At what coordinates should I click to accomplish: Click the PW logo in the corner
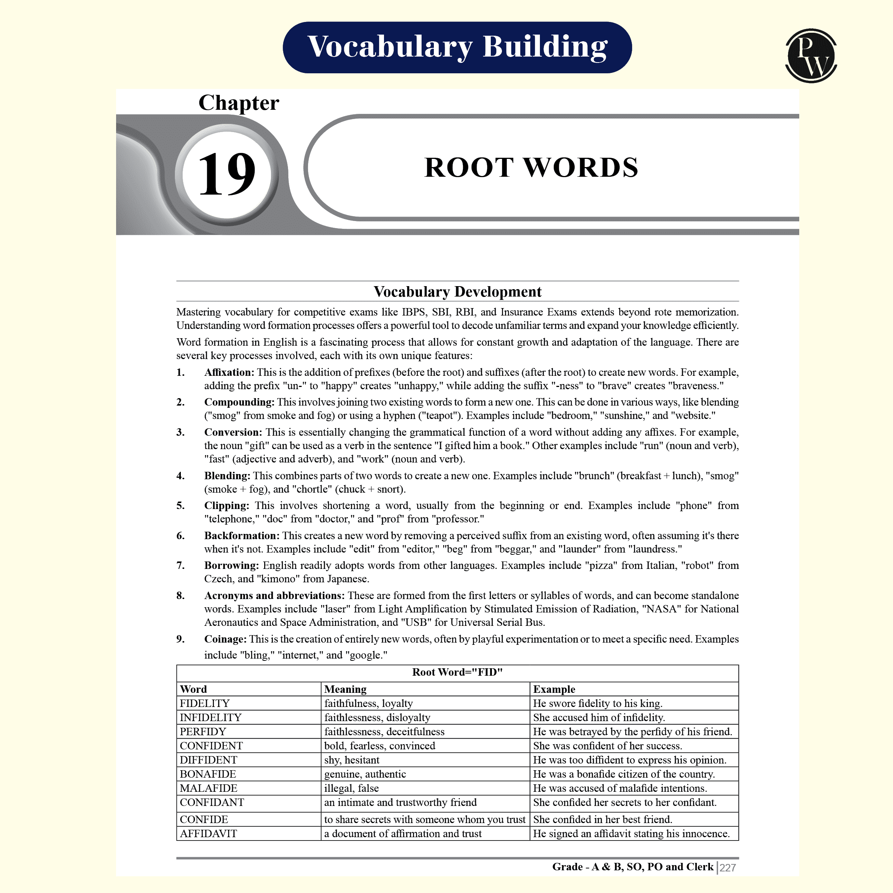tap(811, 56)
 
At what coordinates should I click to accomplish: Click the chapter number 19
tap(227, 174)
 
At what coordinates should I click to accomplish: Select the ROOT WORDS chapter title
tap(531, 167)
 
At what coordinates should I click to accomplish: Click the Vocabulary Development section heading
tap(457, 292)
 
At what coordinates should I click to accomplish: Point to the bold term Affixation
tap(229, 372)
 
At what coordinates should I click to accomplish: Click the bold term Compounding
tap(239, 402)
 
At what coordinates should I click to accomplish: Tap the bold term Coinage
tap(225, 639)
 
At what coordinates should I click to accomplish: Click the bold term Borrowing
tap(231, 565)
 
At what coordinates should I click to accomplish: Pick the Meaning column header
tap(345, 689)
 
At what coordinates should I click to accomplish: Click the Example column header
tap(554, 689)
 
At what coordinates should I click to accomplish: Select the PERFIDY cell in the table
tap(203, 732)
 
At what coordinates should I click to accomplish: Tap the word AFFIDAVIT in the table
tap(208, 834)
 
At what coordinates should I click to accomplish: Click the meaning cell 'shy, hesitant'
tap(351, 760)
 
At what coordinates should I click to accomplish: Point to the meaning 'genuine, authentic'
tap(365, 774)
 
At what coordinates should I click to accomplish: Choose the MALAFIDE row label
tap(208, 788)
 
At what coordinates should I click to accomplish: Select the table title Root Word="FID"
tap(457, 672)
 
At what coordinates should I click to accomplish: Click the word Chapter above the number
tap(239, 103)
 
